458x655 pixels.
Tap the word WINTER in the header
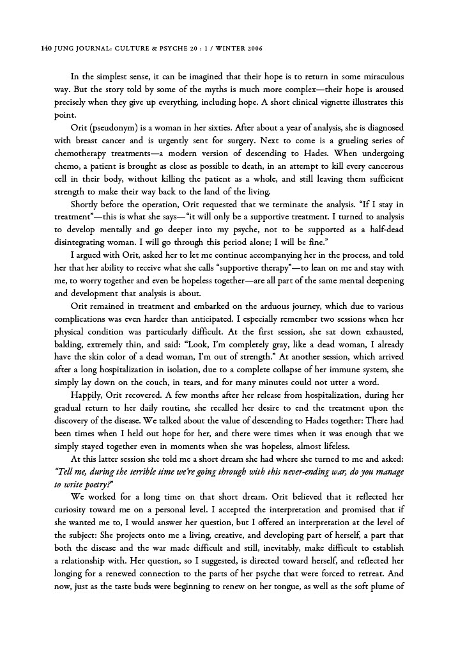click(218, 49)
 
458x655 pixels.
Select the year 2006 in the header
click(251, 49)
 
